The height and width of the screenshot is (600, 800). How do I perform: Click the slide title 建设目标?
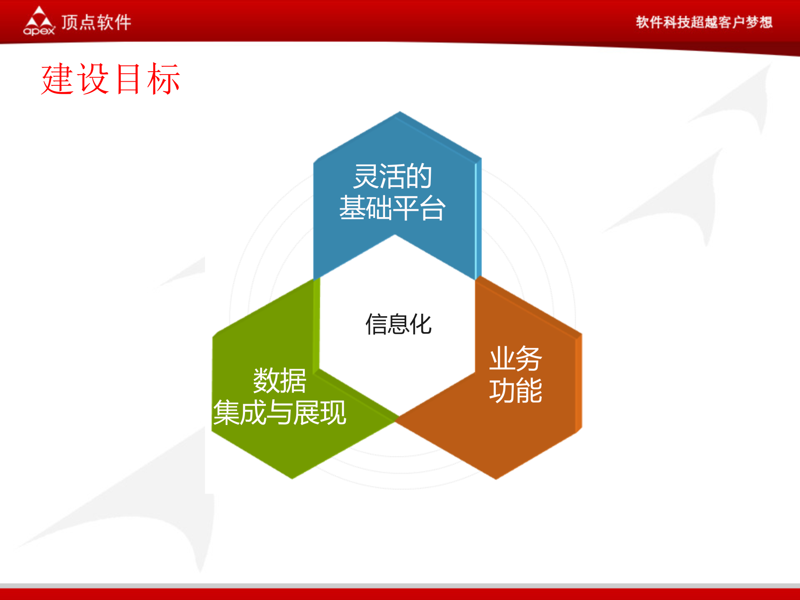click(x=110, y=79)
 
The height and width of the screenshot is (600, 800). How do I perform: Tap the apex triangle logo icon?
click(x=39, y=17)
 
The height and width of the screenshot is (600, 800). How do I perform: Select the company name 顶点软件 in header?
click(x=96, y=22)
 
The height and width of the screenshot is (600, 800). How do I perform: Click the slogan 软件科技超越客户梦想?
click(x=704, y=22)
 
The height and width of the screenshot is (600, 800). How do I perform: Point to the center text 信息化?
click(x=398, y=324)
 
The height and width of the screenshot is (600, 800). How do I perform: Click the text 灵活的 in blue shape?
click(x=392, y=176)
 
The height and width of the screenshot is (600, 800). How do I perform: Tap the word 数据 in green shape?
click(x=280, y=380)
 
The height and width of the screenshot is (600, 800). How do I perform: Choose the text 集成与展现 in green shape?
click(x=280, y=412)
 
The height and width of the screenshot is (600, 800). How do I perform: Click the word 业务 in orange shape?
click(x=515, y=358)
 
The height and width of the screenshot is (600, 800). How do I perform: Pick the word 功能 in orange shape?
click(x=515, y=390)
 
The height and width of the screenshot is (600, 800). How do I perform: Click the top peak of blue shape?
click(x=400, y=113)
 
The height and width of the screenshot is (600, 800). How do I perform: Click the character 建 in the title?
click(x=58, y=79)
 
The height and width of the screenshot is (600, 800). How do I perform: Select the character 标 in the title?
click(x=163, y=79)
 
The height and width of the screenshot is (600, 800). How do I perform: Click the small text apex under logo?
click(x=39, y=31)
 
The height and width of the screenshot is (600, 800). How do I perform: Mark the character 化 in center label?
click(x=421, y=324)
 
